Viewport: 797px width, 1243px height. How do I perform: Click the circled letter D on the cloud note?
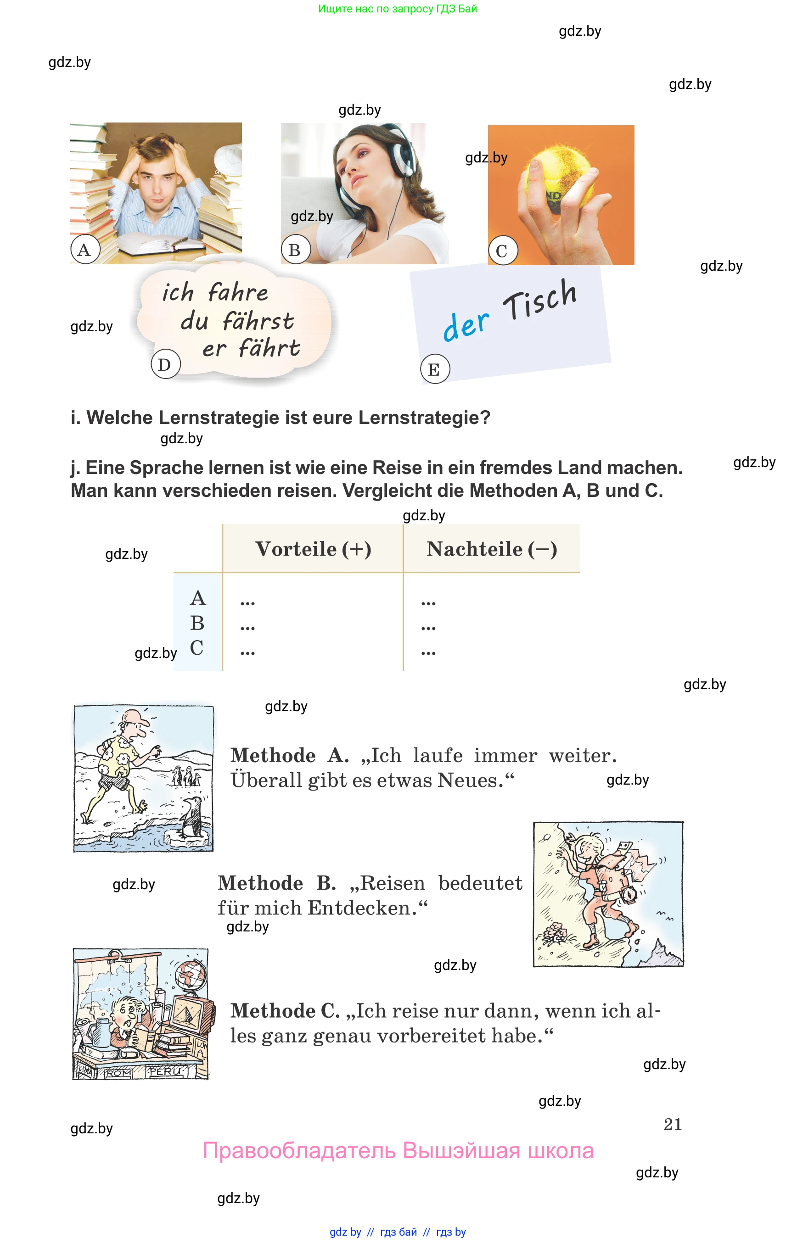pos(165,364)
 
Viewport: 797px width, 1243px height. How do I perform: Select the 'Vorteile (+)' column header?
pos(313,549)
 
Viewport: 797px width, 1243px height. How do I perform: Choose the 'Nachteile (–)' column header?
pos(491,549)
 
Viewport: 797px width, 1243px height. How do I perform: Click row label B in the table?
pos(197,623)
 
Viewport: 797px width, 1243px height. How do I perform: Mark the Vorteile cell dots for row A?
pos(247,602)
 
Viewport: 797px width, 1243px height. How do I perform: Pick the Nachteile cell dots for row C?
pos(428,653)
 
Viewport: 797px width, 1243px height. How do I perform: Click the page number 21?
pos(672,1124)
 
